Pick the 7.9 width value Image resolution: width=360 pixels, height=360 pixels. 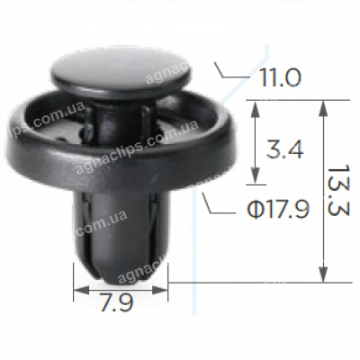click(x=120, y=304)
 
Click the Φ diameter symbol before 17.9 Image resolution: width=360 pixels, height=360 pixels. click(x=255, y=210)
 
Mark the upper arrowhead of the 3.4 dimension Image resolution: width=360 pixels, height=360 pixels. click(x=257, y=104)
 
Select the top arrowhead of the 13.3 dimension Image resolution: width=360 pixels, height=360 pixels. click(x=321, y=104)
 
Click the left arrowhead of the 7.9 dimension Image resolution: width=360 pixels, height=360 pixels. click(x=77, y=290)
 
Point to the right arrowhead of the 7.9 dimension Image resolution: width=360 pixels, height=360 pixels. click(x=164, y=290)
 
